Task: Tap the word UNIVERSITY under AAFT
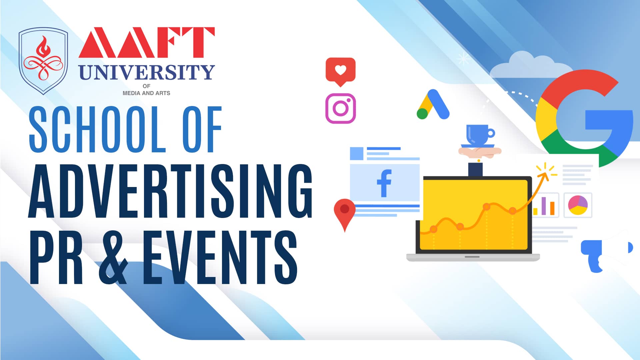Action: pyautogui.click(x=147, y=72)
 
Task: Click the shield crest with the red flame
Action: pyautogui.click(x=43, y=61)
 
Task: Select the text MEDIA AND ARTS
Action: pyautogui.click(x=146, y=93)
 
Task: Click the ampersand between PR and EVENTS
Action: pyautogui.click(x=113, y=257)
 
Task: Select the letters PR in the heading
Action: pyautogui.click(x=56, y=257)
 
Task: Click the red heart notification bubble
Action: pyautogui.click(x=340, y=71)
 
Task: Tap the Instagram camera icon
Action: pyautogui.click(x=340, y=108)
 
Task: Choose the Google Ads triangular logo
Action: pyautogui.click(x=433, y=104)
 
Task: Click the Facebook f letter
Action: pyautogui.click(x=384, y=183)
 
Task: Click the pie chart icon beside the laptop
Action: pyautogui.click(x=578, y=205)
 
